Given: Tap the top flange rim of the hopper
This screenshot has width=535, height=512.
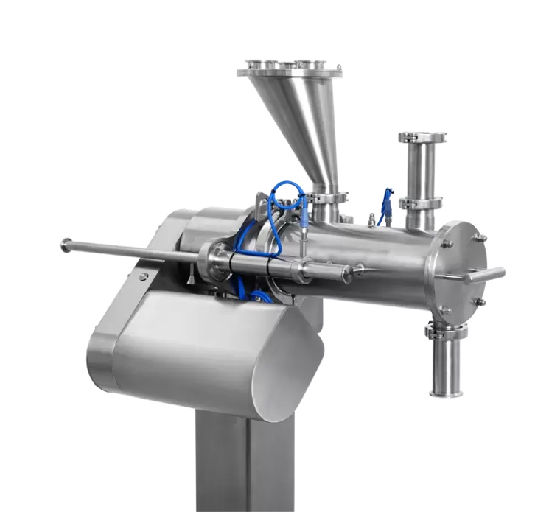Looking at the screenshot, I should tap(290, 69).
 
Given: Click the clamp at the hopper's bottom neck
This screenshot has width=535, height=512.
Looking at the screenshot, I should tap(325, 197).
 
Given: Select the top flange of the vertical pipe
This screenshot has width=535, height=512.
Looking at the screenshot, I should tap(422, 137).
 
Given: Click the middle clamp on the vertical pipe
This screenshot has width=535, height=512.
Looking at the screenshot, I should tap(421, 203).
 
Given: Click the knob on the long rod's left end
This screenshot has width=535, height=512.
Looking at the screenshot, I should tap(66, 245).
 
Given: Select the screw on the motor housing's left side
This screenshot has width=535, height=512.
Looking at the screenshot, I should tap(144, 276).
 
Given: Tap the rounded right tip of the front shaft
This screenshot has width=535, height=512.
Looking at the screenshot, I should tap(346, 274).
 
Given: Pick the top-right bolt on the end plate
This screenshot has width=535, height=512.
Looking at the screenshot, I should tap(480, 238).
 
